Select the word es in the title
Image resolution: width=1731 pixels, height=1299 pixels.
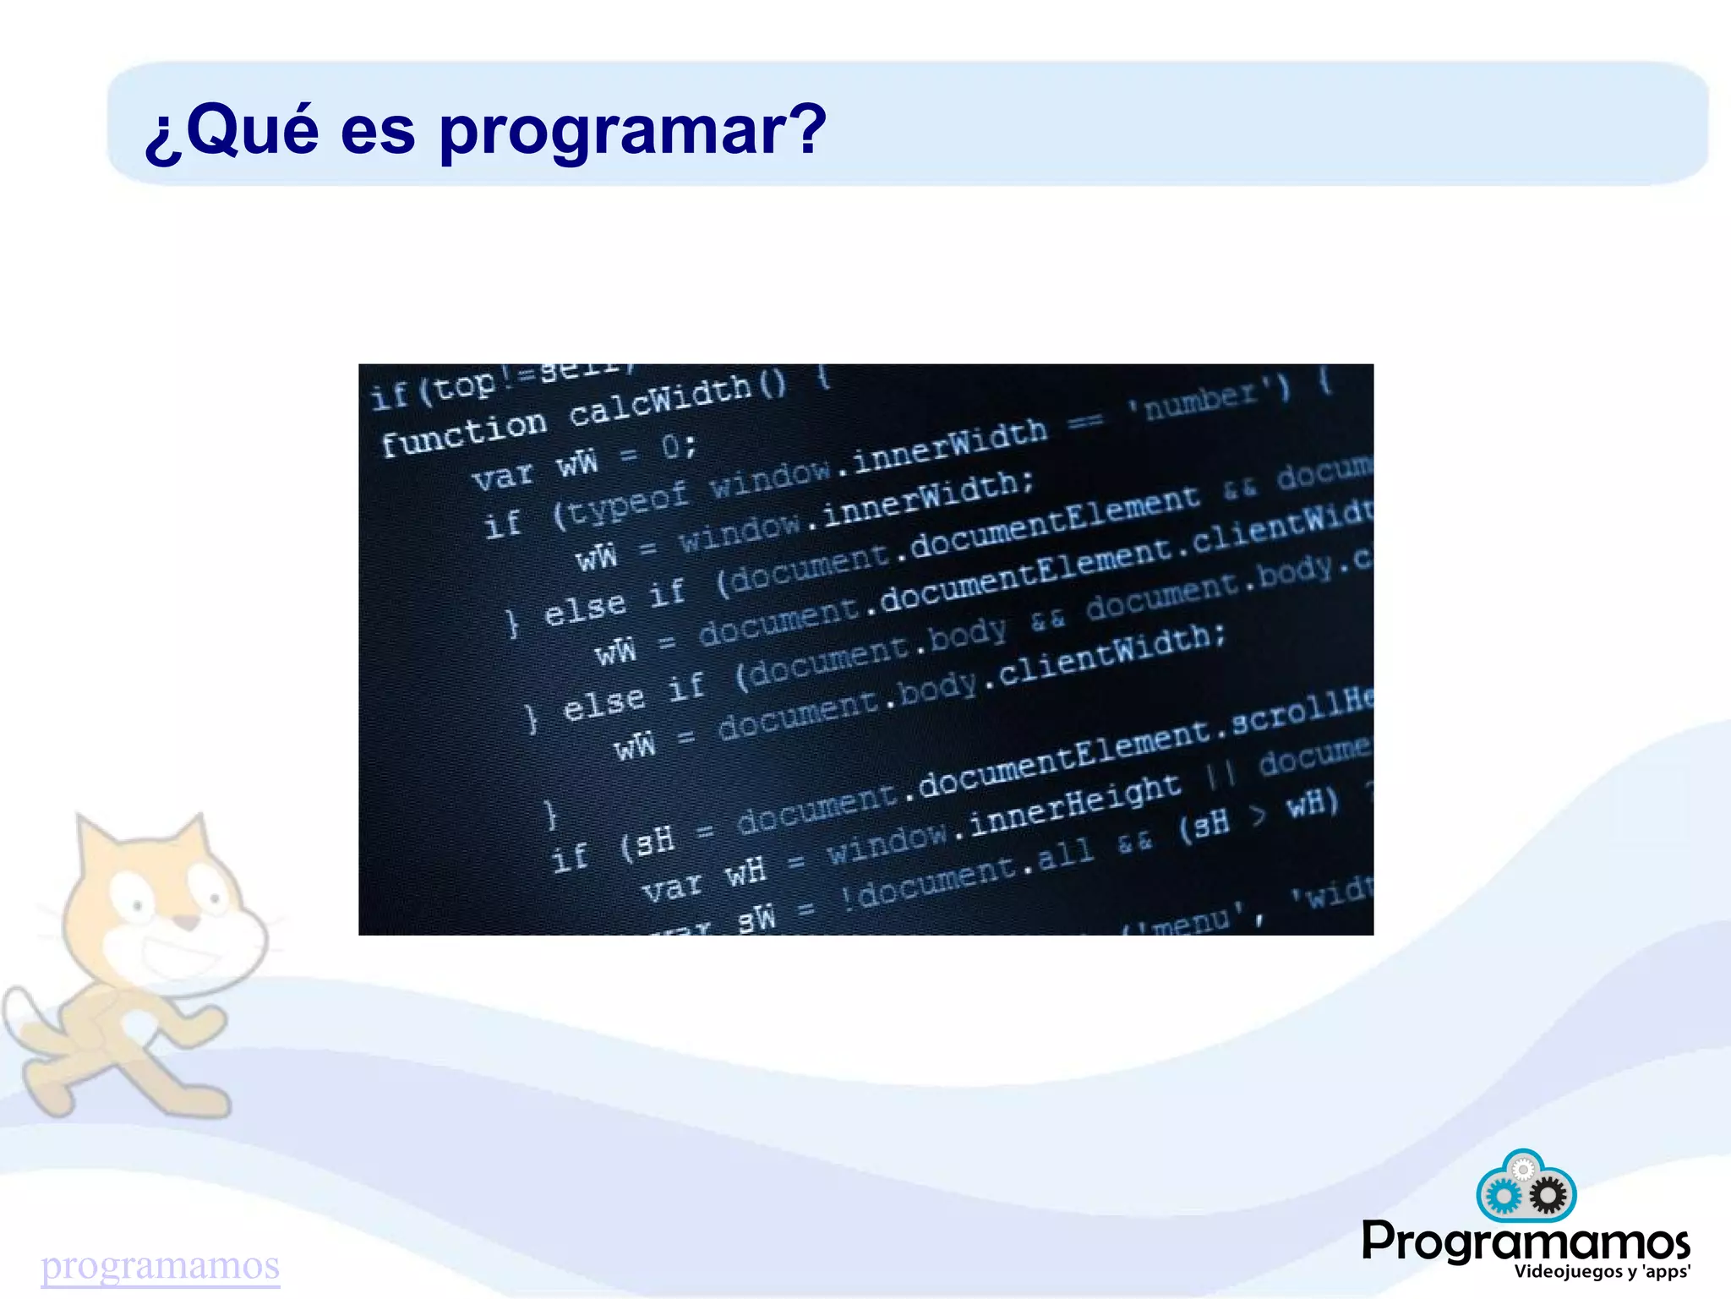378,133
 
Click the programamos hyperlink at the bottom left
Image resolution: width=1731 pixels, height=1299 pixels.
161,1265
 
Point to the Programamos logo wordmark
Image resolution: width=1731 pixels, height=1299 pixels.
1525,1242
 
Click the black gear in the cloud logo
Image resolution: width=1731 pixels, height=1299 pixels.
1548,1196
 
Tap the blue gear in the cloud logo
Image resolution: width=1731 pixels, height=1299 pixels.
1503,1197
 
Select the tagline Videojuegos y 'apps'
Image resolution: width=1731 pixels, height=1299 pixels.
1602,1272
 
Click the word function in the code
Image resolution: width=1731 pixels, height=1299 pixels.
463,431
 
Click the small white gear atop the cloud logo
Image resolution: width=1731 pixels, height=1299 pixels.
1523,1170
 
